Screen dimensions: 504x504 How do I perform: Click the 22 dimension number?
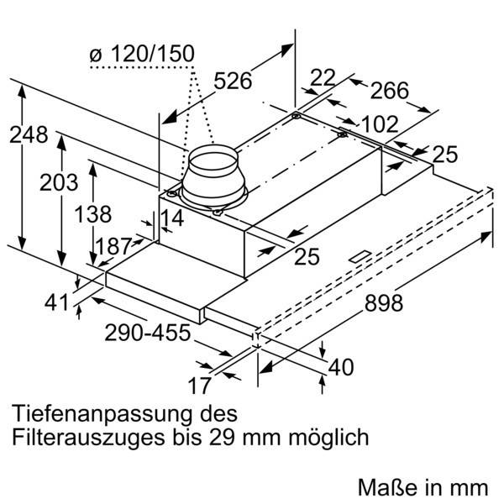point(323,77)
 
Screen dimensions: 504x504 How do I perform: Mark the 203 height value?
point(59,181)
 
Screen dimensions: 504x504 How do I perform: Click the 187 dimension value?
point(113,246)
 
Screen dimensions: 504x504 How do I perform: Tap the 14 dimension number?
point(171,218)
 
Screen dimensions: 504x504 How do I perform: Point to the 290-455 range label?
point(148,333)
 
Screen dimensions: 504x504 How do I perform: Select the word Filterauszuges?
point(94,438)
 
